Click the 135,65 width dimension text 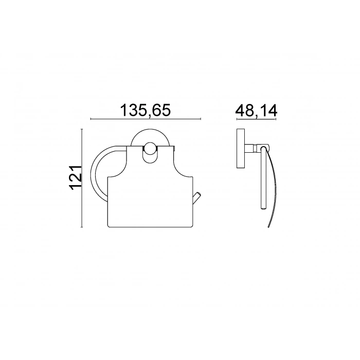pos(146,111)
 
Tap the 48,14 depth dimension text pos(256,111)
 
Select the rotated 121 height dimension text pos(75,177)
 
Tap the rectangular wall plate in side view pos(241,149)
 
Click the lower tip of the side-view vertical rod pos(263,208)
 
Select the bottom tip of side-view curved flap pos(268,227)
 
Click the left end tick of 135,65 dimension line pos(91,119)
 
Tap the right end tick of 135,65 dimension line pos(201,119)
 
